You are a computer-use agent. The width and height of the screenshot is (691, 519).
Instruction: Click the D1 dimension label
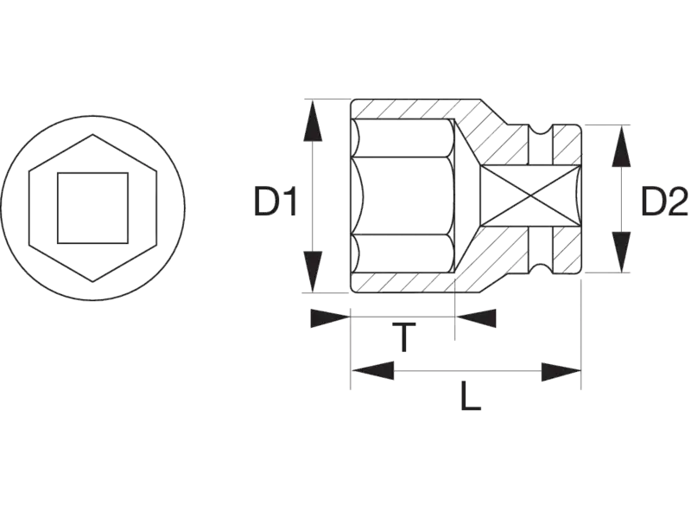[x=276, y=202]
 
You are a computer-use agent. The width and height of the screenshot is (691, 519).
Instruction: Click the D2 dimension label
[x=664, y=202]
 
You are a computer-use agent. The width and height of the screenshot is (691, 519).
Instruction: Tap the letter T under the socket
[x=403, y=337]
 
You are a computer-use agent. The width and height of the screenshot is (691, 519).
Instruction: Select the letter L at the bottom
[x=471, y=396]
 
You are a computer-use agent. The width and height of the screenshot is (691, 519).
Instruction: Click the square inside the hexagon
[x=93, y=208]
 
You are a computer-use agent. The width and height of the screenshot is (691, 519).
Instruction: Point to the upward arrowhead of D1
[x=313, y=120]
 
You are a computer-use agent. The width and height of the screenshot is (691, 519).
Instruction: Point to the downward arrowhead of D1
[x=313, y=272]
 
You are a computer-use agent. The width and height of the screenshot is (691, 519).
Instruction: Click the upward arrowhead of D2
[x=621, y=146]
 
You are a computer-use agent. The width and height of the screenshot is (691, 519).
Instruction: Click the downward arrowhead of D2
[x=621, y=253]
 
